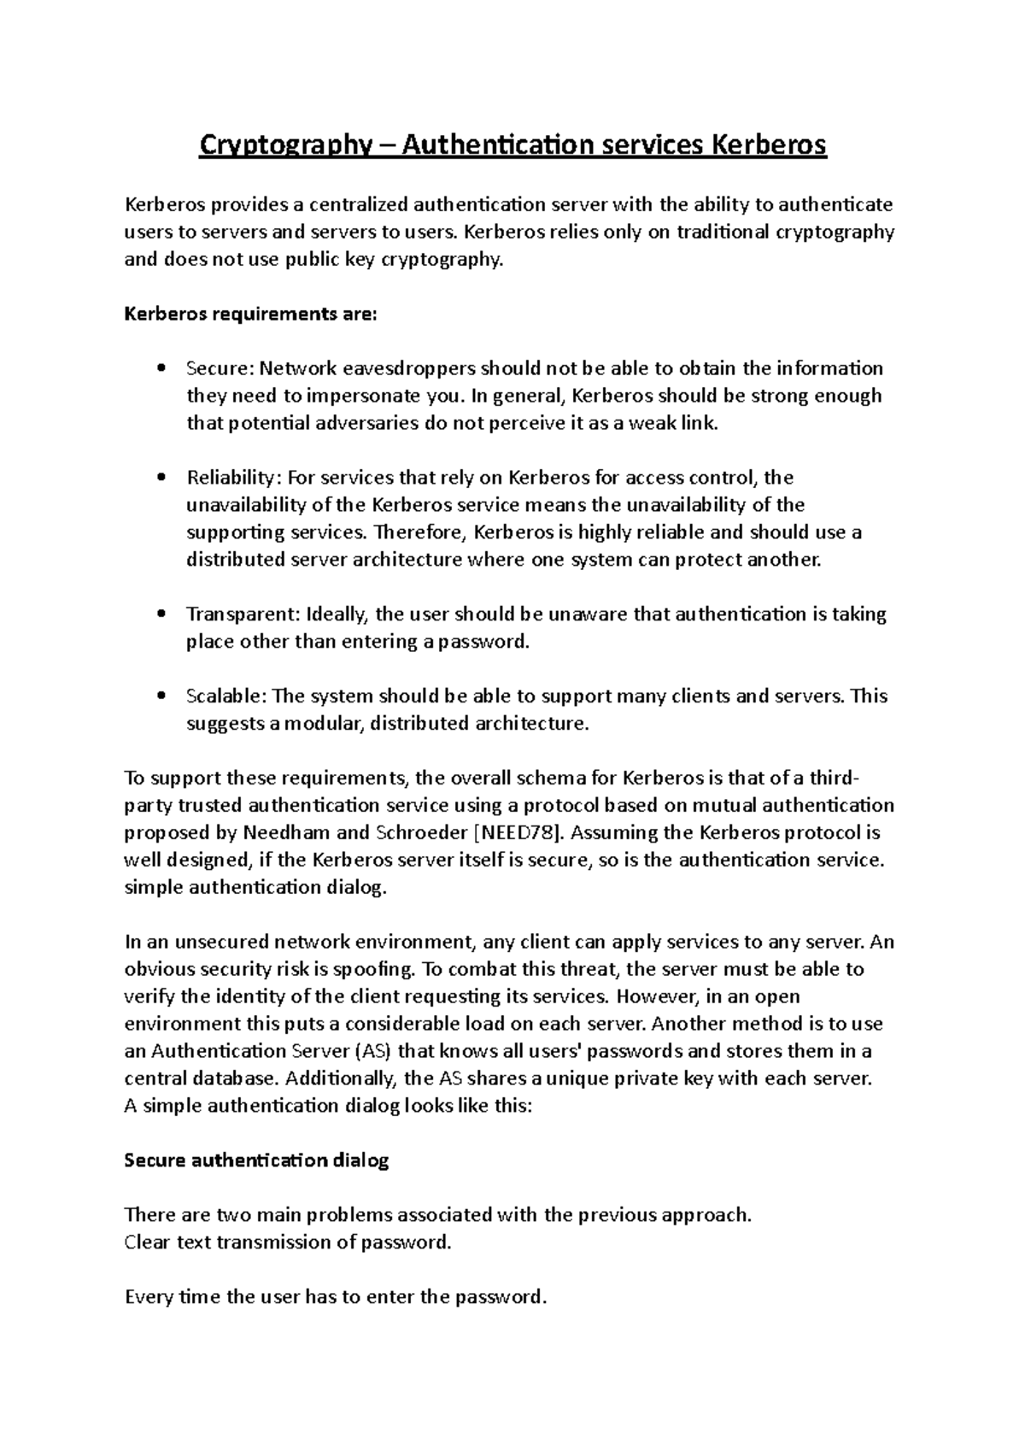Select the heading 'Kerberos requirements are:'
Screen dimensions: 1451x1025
(x=250, y=314)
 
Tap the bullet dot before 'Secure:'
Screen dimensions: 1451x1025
(x=161, y=369)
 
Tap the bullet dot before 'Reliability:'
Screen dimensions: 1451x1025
(x=161, y=479)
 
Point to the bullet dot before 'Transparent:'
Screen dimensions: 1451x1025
(x=161, y=615)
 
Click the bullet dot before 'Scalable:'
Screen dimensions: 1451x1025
(x=161, y=696)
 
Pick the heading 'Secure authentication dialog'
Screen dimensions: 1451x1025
(x=256, y=1160)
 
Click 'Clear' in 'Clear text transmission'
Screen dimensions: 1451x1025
(x=148, y=1242)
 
